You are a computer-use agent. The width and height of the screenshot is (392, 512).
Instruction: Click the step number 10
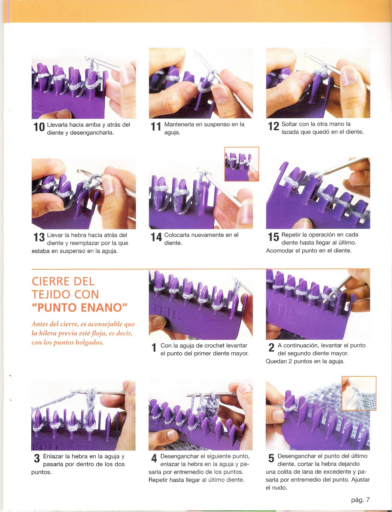click(x=39, y=127)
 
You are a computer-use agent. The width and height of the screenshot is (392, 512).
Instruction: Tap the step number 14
click(x=156, y=237)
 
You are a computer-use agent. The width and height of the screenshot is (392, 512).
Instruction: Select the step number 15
click(x=273, y=237)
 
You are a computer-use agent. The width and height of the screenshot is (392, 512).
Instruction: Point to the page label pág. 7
click(x=360, y=500)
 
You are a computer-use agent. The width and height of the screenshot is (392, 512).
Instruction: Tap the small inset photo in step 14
click(x=241, y=164)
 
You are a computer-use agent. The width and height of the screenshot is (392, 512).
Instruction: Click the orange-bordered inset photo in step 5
click(x=359, y=393)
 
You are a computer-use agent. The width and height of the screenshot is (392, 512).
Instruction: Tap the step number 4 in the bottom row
click(x=154, y=459)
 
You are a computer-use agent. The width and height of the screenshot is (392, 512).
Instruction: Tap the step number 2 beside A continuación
click(x=271, y=347)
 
